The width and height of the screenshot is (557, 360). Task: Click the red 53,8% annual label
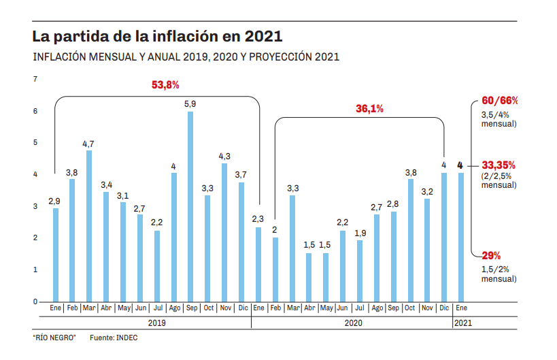[165, 85]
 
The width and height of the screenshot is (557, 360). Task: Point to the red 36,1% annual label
[370, 108]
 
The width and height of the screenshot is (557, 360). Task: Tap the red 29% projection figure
[491, 256]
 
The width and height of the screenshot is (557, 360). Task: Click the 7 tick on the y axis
[35, 80]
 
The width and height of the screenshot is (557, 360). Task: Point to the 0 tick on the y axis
[35, 301]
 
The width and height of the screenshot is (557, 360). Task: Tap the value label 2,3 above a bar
[258, 218]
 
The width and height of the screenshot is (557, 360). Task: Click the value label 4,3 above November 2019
[224, 156]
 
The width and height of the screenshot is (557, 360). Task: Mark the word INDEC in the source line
[126, 338]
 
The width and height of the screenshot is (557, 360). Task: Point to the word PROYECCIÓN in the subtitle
[280, 57]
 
